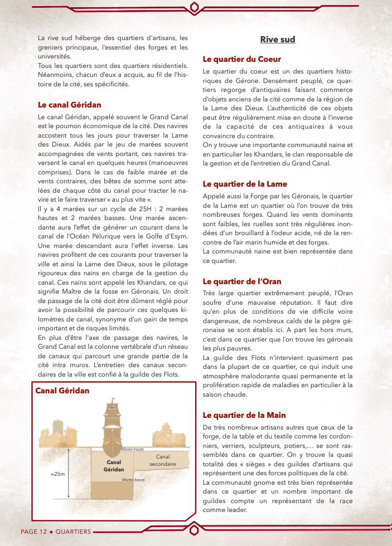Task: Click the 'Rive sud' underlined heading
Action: tap(277, 40)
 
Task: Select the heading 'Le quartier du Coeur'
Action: tap(241, 59)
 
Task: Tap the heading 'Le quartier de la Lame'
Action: tap(245, 184)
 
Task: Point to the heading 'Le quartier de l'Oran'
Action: tap(242, 281)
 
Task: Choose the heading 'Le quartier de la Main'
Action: tap(244, 415)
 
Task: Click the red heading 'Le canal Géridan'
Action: tap(69, 105)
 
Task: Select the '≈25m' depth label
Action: tap(57, 474)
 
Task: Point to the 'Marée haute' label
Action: tap(132, 449)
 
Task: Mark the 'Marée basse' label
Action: tap(133, 479)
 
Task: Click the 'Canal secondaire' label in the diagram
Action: tap(162, 460)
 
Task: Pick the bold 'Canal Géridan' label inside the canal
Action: tap(114, 466)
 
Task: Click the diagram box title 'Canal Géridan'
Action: tap(62, 391)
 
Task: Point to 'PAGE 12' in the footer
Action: tap(33, 532)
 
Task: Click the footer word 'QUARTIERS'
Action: tap(73, 532)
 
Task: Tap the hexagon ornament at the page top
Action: tap(195, 7)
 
